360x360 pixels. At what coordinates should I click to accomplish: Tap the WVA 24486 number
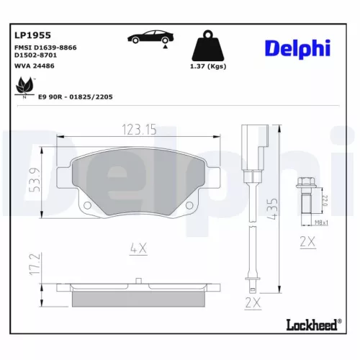click(x=34, y=66)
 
